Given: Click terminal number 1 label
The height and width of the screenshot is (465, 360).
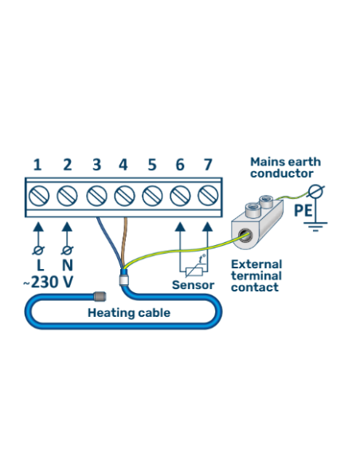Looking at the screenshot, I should pyautogui.click(x=37, y=165).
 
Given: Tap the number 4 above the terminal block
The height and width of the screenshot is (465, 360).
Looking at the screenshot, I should pyautogui.click(x=123, y=165).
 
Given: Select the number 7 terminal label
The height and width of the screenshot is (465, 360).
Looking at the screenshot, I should pyautogui.click(x=208, y=165).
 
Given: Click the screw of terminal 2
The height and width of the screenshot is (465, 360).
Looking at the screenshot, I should pyautogui.click(x=67, y=194).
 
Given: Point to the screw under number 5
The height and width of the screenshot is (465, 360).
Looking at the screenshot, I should pyautogui.click(x=151, y=194).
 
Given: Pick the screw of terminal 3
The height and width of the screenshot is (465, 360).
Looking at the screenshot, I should pyautogui.click(x=96, y=194).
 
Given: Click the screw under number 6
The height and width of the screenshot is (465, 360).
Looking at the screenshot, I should pyautogui.click(x=180, y=194).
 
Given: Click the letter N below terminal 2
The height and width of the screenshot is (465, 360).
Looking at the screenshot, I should pyautogui.click(x=67, y=263).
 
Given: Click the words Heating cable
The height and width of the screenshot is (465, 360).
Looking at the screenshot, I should pyautogui.click(x=128, y=313).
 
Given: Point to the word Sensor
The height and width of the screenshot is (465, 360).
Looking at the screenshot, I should pyautogui.click(x=193, y=284).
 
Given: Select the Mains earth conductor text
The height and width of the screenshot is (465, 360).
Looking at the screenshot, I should pyautogui.click(x=285, y=167).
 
